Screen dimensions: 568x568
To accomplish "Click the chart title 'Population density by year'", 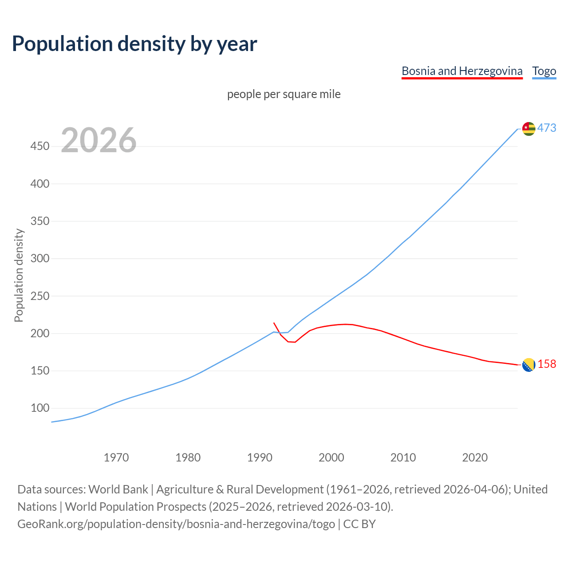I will click(134, 44).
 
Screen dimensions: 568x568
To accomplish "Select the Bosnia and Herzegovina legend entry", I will click(462, 71).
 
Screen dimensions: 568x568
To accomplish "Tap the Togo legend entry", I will click(544, 71).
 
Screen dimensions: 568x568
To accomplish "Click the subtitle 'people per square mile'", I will click(284, 94).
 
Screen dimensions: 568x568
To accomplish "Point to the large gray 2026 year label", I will click(99, 140).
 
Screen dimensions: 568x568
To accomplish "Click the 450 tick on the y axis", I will click(40, 146).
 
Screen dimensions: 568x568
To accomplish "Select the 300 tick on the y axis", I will click(40, 258).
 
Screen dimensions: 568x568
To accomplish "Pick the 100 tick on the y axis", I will click(40, 408).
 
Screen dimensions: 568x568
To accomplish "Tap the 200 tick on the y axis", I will click(40, 333).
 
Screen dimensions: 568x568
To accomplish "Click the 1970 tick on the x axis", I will click(116, 457).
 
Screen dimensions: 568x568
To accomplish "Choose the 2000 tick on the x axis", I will click(331, 457).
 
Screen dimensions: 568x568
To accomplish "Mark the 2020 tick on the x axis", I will click(475, 457).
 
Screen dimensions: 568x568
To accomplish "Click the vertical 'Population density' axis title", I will click(19, 275).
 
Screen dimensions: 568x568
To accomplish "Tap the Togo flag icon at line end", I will click(529, 129).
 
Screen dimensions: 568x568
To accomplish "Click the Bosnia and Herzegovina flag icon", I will click(529, 365).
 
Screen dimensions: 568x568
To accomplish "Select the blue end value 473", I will click(547, 128).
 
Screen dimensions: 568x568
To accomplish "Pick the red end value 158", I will click(547, 364).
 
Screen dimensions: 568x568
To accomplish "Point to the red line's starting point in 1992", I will click(274, 323).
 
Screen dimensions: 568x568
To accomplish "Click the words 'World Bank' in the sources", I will click(118, 489).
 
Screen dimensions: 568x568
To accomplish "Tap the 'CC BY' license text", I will click(359, 524).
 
